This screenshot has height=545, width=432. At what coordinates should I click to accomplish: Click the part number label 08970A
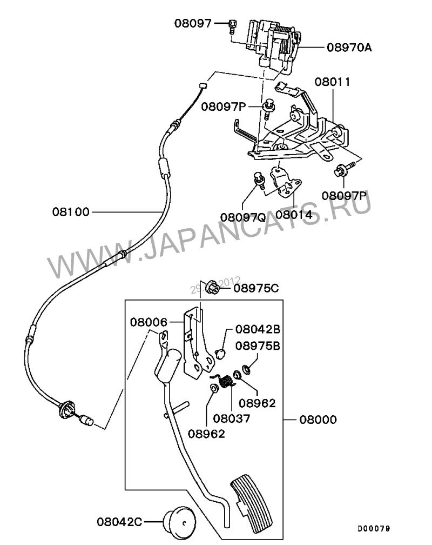[x=349, y=47]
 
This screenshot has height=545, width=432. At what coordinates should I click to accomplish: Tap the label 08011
[x=333, y=82]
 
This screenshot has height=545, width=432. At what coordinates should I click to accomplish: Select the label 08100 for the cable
[x=71, y=211]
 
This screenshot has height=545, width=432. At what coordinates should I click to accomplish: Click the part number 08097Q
[x=242, y=217]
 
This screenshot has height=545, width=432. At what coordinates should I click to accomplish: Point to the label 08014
[x=294, y=214]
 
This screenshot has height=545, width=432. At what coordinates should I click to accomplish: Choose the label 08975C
[x=256, y=288]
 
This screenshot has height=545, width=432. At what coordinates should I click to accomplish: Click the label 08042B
[x=258, y=329]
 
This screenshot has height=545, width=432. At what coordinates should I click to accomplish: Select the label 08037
[x=232, y=418]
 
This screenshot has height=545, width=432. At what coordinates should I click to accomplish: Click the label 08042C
[x=120, y=522]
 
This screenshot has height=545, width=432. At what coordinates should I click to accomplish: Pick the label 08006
[x=148, y=322]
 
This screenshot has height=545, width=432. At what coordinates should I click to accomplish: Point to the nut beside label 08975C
[x=214, y=287]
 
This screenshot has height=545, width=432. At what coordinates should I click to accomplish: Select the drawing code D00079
[x=373, y=528]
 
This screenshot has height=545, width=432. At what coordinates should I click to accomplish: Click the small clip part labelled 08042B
[x=220, y=353]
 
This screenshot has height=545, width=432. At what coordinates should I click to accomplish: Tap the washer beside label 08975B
[x=245, y=369]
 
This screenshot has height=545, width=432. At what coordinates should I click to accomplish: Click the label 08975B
[x=258, y=346]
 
